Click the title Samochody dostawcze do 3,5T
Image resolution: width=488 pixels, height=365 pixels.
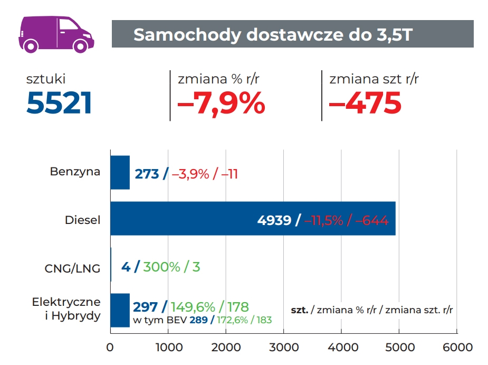tap(273, 34)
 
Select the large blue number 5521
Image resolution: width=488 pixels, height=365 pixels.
tap(59, 103)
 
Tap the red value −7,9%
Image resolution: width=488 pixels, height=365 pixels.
tap(221, 103)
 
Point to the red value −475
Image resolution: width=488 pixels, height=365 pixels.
tap(365, 103)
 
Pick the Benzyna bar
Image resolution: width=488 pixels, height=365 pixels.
tap(120, 173)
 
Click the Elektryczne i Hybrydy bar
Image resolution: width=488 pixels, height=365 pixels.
tap(120, 310)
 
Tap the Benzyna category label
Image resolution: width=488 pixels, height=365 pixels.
tap(75, 172)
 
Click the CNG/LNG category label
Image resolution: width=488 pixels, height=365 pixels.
tap(72, 268)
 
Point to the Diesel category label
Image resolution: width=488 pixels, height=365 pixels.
tap(82, 220)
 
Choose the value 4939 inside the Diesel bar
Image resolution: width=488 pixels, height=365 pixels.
tap(274, 220)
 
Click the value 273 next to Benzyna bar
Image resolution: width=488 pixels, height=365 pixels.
tap(147, 173)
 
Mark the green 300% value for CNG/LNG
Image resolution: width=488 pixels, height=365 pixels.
tap(161, 266)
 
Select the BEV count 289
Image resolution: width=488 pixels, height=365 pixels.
tap(198, 320)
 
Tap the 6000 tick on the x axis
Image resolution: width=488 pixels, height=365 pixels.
tap(457, 348)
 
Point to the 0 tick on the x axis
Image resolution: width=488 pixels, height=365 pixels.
tap(110, 348)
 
